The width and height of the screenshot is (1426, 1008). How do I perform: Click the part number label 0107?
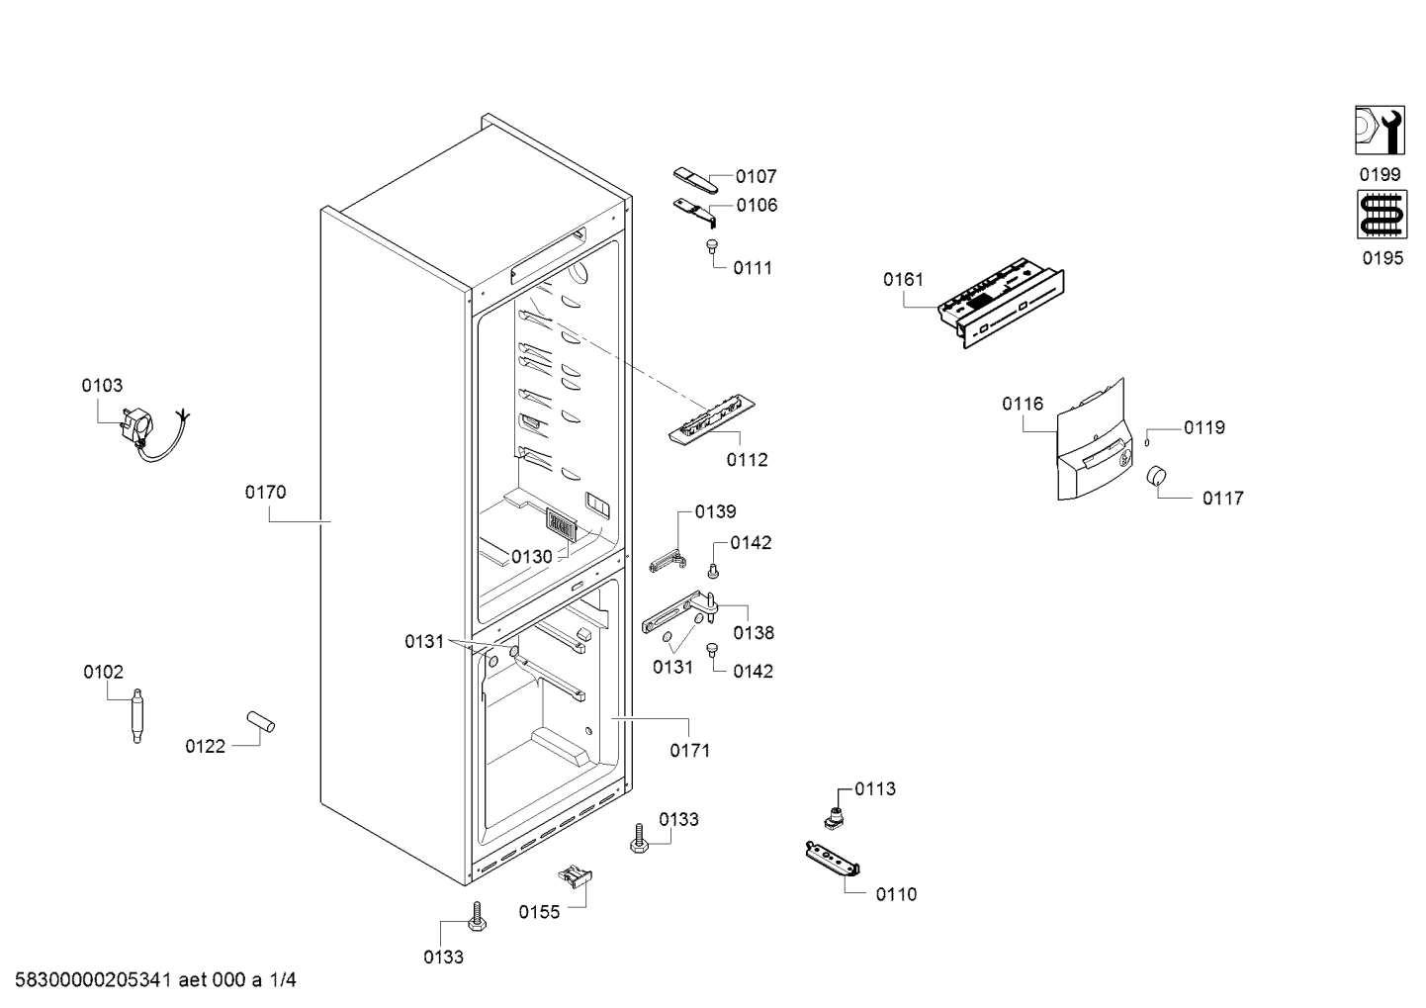point(756,176)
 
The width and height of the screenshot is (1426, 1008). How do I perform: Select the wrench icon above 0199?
point(1380,130)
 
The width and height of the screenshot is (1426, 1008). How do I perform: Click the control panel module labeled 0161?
point(1000,302)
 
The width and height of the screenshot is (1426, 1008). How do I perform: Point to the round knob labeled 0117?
point(1157,476)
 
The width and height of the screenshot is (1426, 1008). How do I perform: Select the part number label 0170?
point(265,492)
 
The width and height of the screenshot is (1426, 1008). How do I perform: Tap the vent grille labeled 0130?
point(561,525)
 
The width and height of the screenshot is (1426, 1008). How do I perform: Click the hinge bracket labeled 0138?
point(679,611)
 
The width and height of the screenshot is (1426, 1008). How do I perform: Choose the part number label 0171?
point(689,751)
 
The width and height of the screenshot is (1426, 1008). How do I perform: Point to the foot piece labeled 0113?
point(835,817)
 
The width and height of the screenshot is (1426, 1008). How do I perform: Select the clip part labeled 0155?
point(575,875)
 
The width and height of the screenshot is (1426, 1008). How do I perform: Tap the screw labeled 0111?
point(710,245)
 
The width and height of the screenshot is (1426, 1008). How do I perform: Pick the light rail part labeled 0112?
point(711,419)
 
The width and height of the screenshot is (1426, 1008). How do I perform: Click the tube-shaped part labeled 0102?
point(136,715)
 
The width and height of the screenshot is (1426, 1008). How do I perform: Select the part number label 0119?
point(1203,427)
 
